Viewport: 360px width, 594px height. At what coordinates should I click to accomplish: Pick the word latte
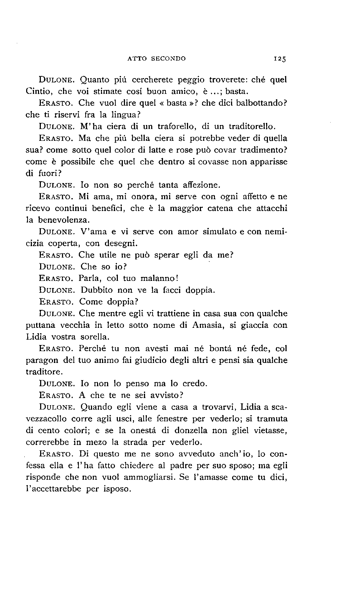click(x=163, y=150)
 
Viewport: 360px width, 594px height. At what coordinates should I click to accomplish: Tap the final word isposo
click(x=117, y=489)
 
